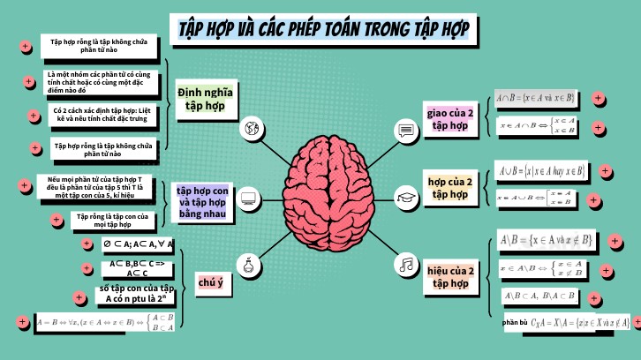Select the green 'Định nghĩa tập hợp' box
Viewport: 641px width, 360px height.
[205, 98]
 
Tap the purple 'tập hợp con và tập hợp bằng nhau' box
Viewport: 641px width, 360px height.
[201, 202]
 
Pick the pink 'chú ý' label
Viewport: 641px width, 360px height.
[210, 281]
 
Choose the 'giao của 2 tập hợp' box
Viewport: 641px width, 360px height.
[449, 120]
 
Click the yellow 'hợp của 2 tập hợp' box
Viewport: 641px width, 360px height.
[449, 189]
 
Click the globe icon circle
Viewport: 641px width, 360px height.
[252, 129]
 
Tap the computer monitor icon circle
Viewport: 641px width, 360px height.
[248, 198]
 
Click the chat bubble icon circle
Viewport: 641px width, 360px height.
[405, 131]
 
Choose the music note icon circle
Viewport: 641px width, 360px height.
[405, 264]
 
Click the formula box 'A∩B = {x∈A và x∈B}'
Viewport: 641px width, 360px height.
[535, 97]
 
